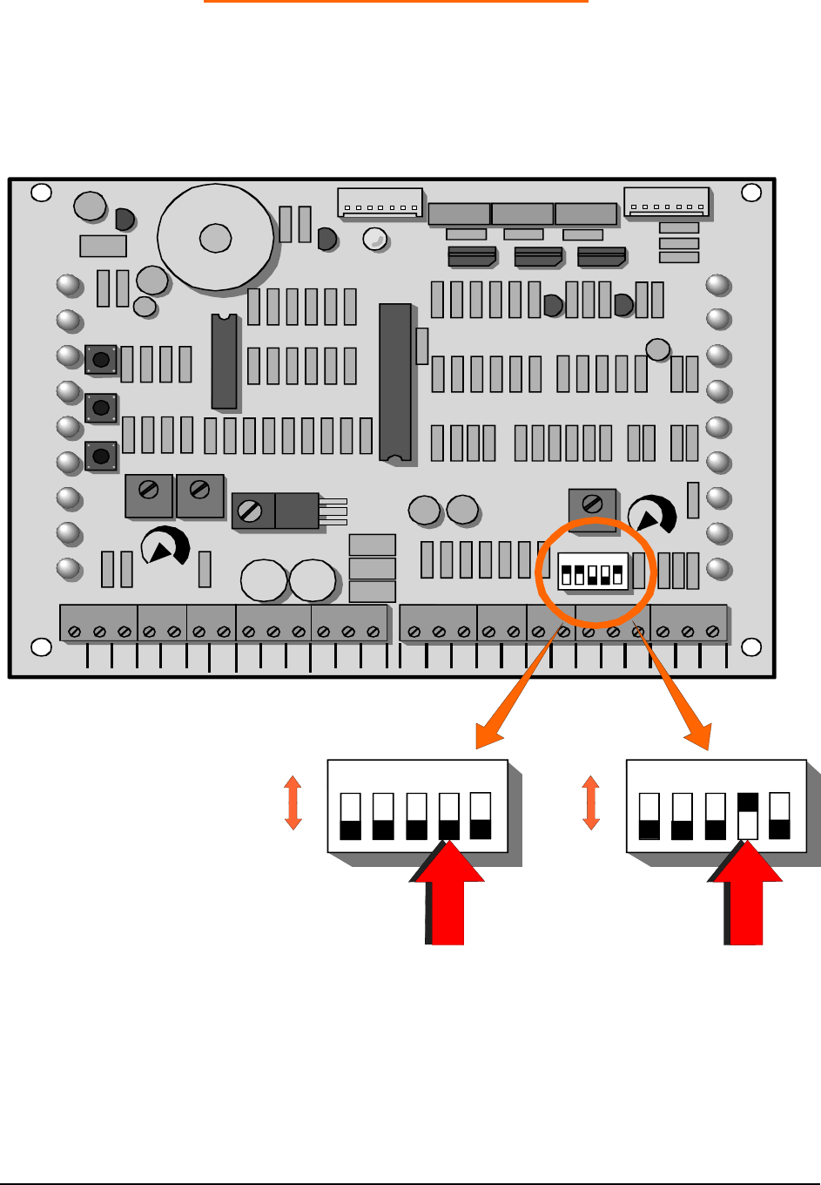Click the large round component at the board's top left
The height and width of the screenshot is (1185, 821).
click(x=216, y=236)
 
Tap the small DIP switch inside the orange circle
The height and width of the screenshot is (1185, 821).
click(x=593, y=571)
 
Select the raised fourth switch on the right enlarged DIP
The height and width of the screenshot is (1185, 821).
click(x=747, y=816)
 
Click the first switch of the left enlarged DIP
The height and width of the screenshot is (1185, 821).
click(x=350, y=816)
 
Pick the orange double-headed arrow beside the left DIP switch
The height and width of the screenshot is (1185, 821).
click(x=293, y=802)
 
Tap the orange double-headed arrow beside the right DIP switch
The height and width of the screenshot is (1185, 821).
click(x=591, y=802)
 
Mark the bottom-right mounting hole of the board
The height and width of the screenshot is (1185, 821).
click(x=750, y=647)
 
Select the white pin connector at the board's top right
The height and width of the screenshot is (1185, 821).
click(x=666, y=202)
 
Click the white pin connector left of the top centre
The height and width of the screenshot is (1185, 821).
click(x=380, y=202)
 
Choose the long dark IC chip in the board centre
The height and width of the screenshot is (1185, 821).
click(x=395, y=382)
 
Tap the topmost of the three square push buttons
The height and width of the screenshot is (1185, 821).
click(x=101, y=359)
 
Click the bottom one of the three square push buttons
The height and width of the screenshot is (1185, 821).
click(x=101, y=455)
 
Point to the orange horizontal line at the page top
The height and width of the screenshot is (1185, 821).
click(x=396, y=2)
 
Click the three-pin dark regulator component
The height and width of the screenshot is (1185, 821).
click(x=297, y=511)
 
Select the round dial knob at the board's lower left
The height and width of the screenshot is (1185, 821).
click(x=165, y=546)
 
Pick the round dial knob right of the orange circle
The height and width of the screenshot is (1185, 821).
click(x=651, y=516)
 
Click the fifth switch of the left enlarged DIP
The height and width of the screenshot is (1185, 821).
click(x=481, y=816)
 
